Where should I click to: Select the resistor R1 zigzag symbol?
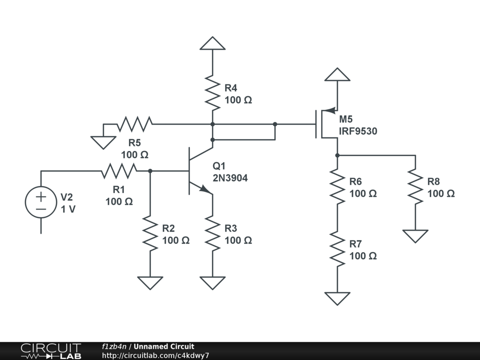click(119, 171)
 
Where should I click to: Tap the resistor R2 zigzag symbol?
click(150, 233)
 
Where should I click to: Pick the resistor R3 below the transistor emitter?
click(212, 233)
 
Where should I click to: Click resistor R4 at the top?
click(212, 93)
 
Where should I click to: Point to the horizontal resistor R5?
click(135, 124)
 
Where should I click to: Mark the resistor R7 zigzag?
click(337, 249)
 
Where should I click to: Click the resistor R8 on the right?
click(415, 187)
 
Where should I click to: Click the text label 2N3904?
click(230, 178)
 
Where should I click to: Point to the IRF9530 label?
click(358, 132)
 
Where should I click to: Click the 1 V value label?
click(68, 210)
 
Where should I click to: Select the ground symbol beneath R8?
click(415, 236)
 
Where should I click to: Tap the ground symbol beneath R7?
click(337, 298)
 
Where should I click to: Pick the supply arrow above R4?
click(212, 43)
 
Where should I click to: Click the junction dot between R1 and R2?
click(150, 171)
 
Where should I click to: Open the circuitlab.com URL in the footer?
click(155, 355)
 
